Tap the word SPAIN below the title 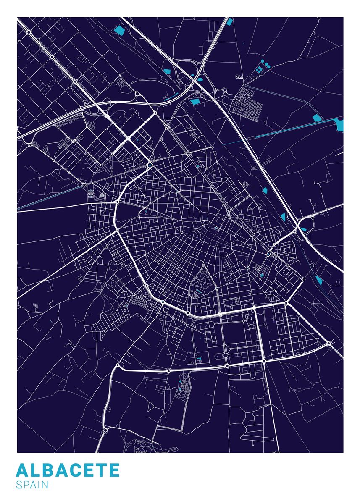point(32,485)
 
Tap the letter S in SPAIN point(19,485)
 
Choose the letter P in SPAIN point(26,485)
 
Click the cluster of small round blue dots point(264,66)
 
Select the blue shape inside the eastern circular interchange point(303,229)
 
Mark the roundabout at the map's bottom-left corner point(105,430)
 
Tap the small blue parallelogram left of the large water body point(317,118)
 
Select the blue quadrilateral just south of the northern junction point(194,101)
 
